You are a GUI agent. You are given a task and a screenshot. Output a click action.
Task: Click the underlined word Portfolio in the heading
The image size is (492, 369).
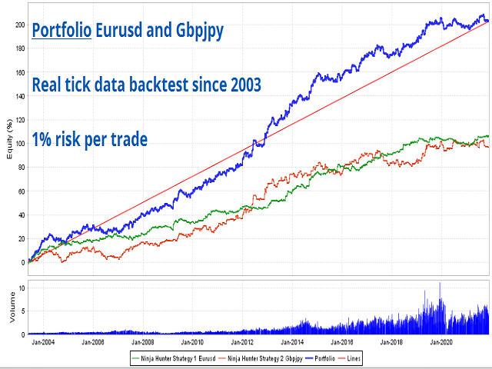pos(61,31)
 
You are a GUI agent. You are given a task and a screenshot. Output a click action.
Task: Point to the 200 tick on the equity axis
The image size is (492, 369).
pos(18,24)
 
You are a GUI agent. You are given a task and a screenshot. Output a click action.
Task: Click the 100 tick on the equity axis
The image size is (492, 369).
pos(18,143)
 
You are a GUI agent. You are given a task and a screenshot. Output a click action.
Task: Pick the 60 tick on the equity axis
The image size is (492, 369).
pos(20,191)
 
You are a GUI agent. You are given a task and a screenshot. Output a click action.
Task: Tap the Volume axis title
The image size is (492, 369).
pos(8,310)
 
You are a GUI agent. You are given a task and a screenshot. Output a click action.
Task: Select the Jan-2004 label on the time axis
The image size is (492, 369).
pos(42,341)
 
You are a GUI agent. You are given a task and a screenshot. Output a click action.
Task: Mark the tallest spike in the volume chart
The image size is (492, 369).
pos(440,284)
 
